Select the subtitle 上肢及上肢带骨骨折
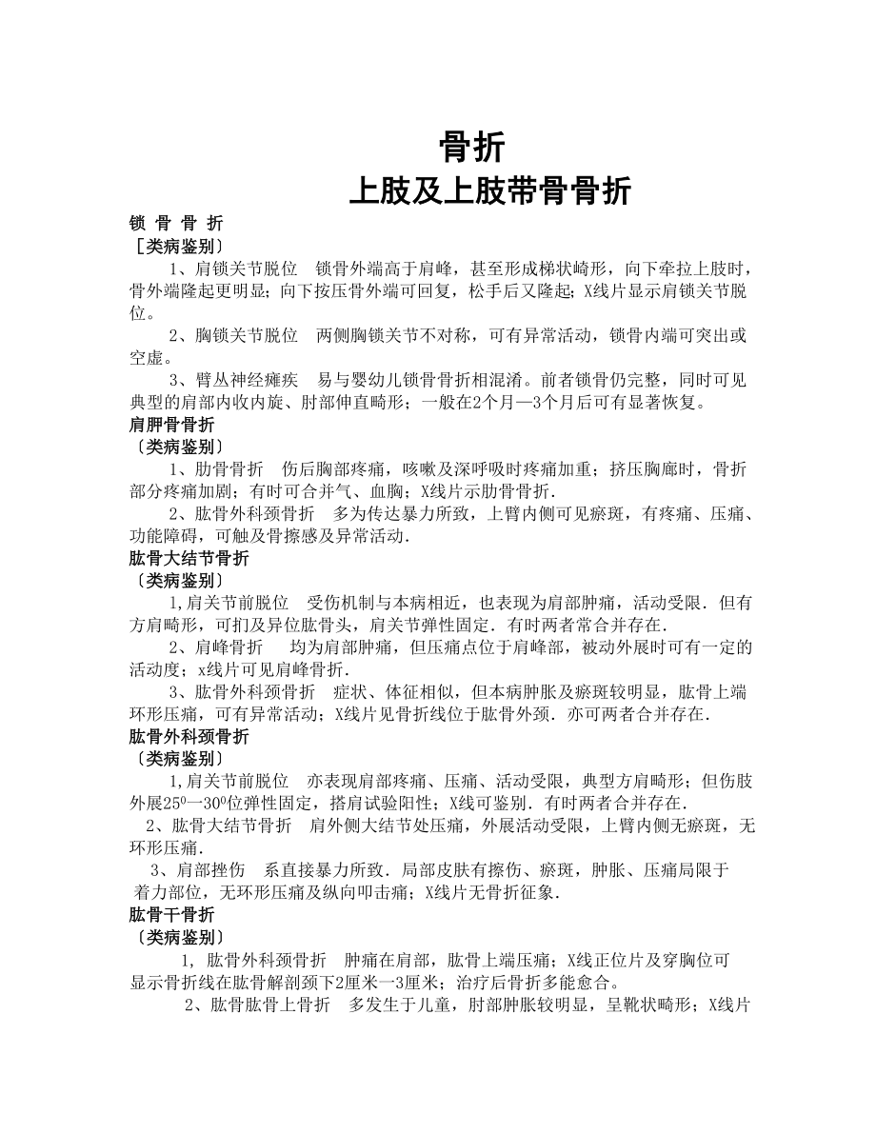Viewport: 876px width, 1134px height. [490, 191]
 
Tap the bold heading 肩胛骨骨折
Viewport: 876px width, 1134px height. [171, 424]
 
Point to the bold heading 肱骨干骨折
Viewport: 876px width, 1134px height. [171, 915]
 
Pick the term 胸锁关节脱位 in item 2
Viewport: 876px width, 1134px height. [247, 335]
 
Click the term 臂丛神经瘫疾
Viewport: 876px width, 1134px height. [247, 379]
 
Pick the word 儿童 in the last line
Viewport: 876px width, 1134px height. [437, 1005]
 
